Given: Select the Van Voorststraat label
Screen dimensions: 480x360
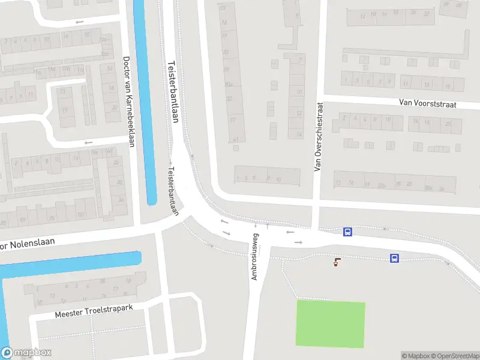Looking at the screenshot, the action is coord(428,104).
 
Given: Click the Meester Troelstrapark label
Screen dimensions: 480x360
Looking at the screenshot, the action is coord(93,311).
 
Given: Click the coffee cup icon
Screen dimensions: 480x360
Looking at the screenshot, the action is coord(337,261).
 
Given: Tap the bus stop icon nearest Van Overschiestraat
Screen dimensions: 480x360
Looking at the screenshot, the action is coord(347,232).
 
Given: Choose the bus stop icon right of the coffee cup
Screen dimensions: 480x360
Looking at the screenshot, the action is coord(394,258).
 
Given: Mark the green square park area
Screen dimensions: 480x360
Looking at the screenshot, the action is coord(331,324).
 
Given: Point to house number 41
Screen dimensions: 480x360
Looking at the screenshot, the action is coord(236,139).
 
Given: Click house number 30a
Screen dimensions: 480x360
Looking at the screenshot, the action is coord(228,85).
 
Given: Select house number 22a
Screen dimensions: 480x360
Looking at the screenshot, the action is coord(381,185).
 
